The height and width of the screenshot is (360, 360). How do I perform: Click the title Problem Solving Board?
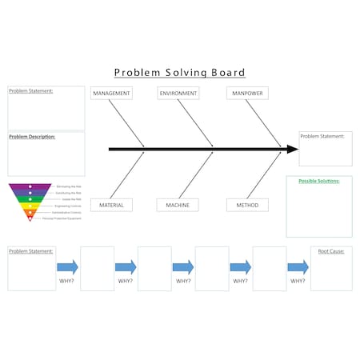(179, 73)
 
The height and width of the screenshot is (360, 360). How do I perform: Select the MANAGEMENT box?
(111, 94)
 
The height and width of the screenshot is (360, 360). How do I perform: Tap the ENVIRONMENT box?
(178, 94)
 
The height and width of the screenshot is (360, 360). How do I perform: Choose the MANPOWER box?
(247, 94)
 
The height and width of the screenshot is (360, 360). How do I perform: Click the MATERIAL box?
(111, 205)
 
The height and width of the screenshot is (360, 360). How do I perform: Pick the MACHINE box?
(178, 205)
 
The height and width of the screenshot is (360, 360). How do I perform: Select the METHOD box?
(247, 205)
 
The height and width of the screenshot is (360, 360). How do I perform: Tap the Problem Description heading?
(32, 137)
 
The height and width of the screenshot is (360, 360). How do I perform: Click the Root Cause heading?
(331, 251)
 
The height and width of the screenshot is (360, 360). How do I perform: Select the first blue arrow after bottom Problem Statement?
(68, 267)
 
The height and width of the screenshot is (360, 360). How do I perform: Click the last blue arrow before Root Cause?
(298, 267)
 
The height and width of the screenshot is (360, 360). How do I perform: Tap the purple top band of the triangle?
(30, 187)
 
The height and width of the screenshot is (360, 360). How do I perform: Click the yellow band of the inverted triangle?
(30, 206)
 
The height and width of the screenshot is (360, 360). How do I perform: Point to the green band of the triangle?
(30, 199)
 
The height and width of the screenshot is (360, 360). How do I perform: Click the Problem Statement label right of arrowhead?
(322, 136)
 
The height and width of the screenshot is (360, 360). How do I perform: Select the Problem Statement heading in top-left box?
(30, 91)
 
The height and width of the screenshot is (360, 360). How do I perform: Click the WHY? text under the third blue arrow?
(183, 281)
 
